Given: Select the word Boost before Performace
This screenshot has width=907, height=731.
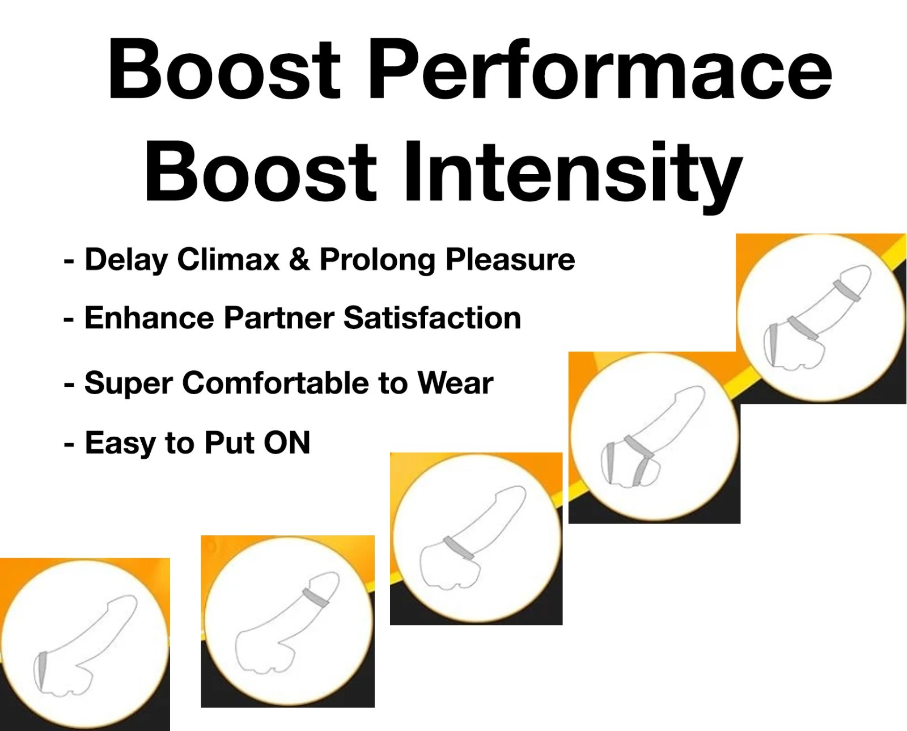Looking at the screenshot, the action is tap(224, 69).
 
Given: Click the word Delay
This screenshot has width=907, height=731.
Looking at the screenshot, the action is tap(126, 260).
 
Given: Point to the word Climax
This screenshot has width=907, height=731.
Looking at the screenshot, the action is tap(228, 259).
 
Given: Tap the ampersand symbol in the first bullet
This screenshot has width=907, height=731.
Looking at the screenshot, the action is tap(300, 259).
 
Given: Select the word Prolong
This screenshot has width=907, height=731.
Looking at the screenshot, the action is tap(377, 260).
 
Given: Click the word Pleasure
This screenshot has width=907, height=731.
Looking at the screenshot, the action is tap(510, 259).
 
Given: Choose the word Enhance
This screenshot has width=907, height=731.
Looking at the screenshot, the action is tap(149, 318).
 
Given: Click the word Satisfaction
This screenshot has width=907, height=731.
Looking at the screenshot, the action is tap(433, 318).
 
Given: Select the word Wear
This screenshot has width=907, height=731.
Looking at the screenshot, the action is tap(455, 383).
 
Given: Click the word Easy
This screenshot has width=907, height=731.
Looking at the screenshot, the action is tap(121, 443).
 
